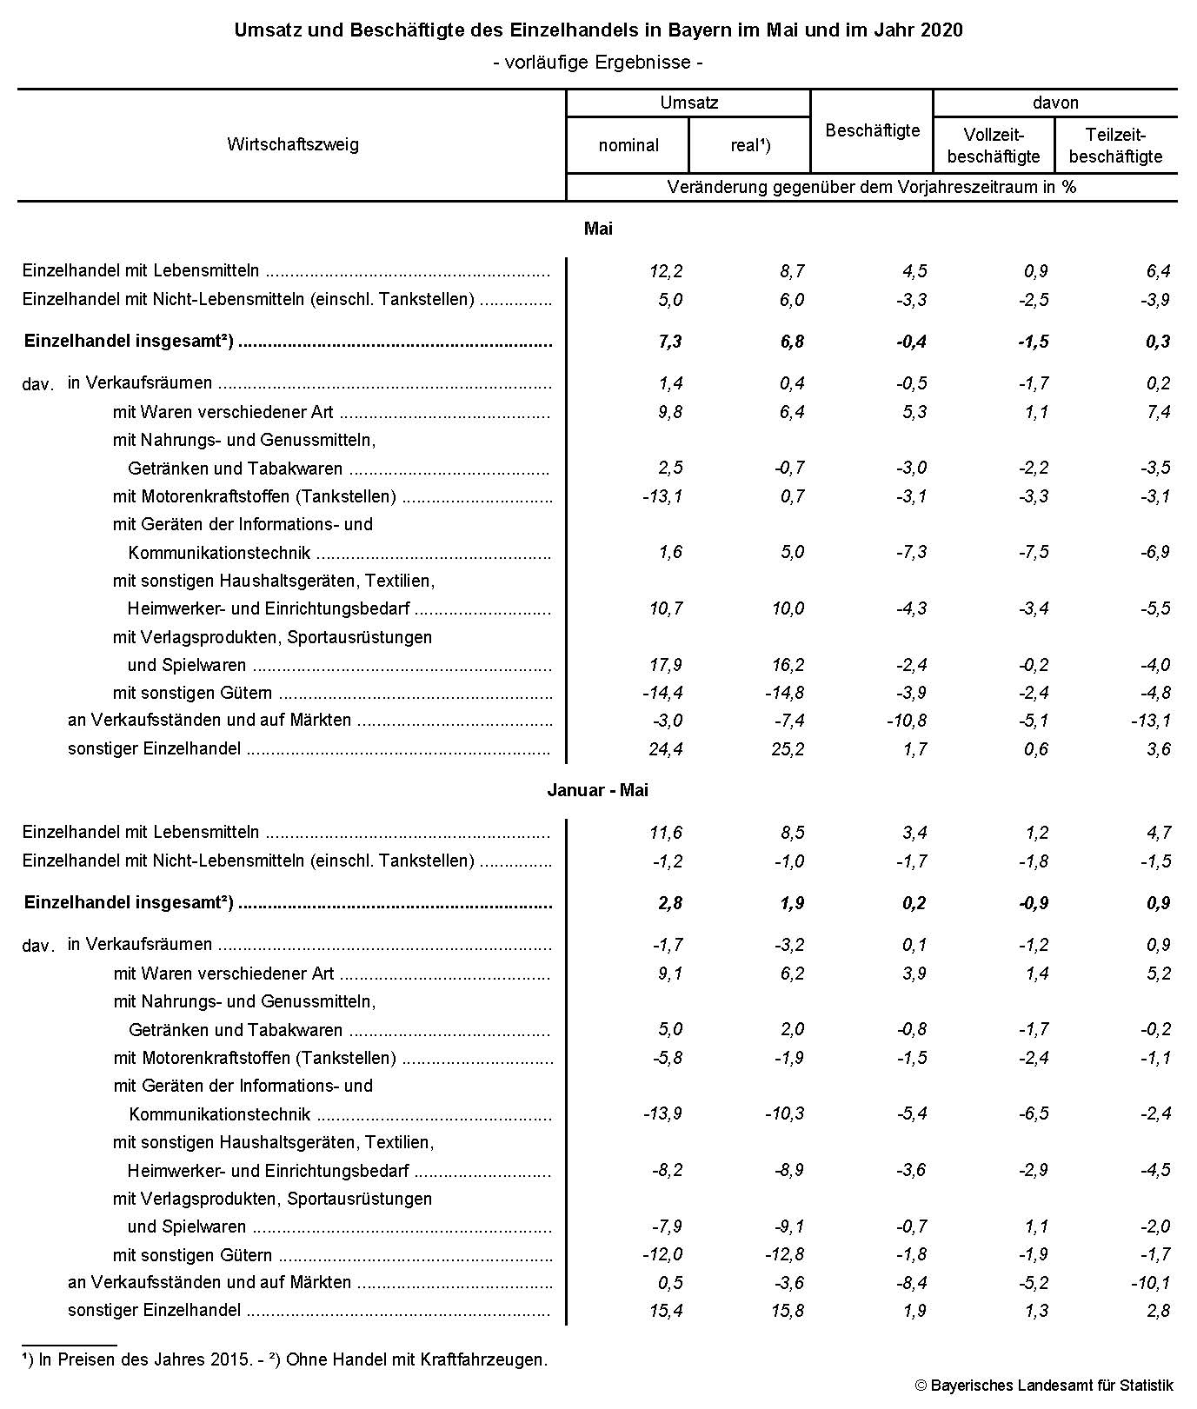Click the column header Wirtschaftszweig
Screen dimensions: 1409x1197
pos(292,144)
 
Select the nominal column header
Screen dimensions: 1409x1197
pos(628,145)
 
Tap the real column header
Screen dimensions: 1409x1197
pos(750,145)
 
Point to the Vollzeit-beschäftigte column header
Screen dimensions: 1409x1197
pos(994,145)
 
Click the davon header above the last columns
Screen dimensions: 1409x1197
pos(1055,103)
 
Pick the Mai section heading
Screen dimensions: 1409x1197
pos(598,229)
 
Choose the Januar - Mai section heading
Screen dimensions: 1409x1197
pos(598,790)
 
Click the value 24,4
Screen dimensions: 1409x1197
pos(666,748)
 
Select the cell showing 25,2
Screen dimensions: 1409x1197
pos(788,748)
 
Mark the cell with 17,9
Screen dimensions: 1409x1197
pos(666,665)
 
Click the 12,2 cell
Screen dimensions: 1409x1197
pos(666,271)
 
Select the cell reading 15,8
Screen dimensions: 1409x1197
pos(788,1310)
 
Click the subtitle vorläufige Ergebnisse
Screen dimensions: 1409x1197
pos(598,62)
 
